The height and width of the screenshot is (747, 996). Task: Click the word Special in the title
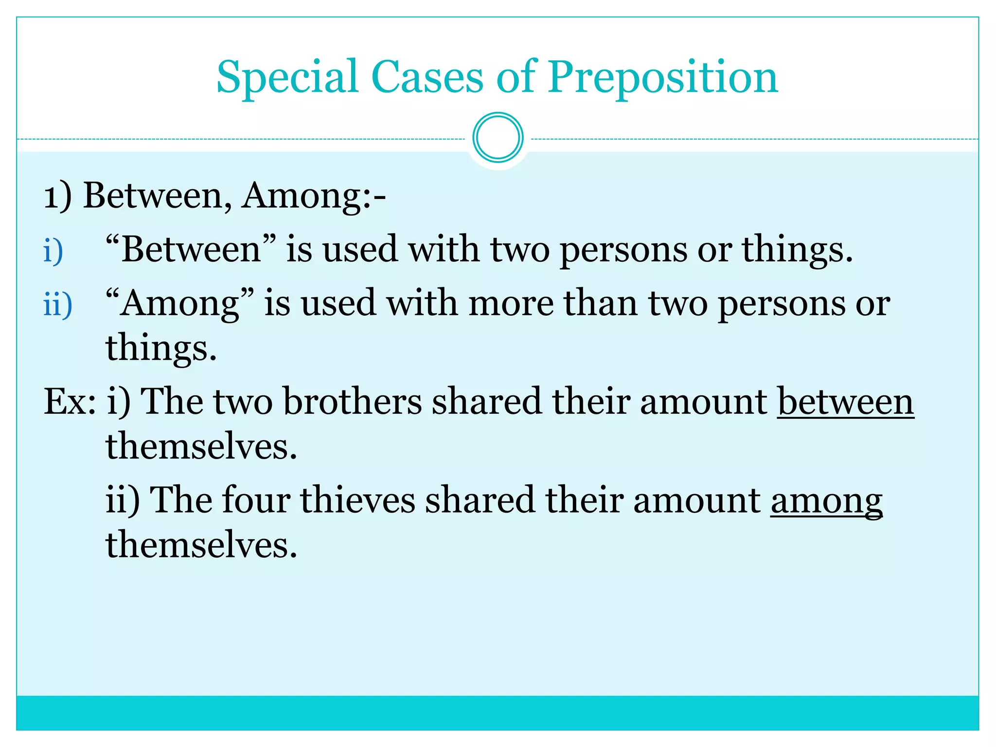[x=287, y=78]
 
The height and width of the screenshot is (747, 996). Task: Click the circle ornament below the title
[x=498, y=138]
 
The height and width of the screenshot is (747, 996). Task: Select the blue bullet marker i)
[x=53, y=251]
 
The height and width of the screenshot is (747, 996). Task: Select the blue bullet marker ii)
[x=57, y=305]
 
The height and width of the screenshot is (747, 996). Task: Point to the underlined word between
[x=845, y=402]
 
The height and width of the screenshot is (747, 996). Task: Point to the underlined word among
[x=826, y=500]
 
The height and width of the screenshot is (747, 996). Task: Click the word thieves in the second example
[x=357, y=500]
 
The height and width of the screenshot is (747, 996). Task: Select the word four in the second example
[x=255, y=500]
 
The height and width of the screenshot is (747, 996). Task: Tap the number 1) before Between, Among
[x=57, y=196]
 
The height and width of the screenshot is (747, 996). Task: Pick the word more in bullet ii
[x=511, y=303]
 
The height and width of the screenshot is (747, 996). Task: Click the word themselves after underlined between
[x=201, y=446]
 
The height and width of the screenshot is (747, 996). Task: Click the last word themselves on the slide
[x=201, y=545]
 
